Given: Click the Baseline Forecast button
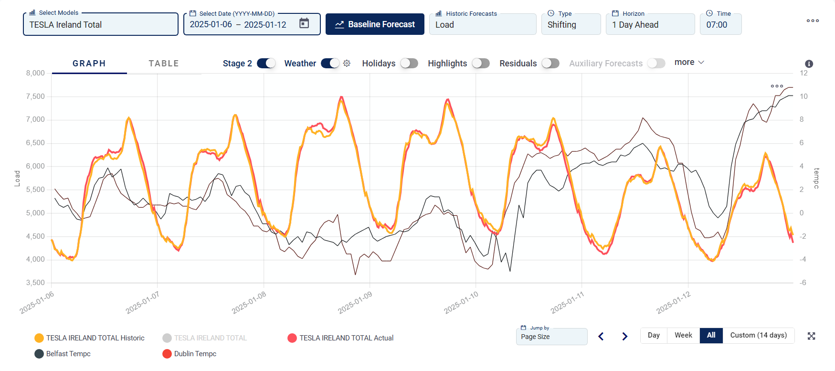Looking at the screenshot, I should (375, 24).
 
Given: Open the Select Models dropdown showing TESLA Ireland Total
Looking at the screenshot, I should (100, 25).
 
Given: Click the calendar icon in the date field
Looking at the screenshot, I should (304, 23).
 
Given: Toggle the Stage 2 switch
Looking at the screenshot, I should (266, 64).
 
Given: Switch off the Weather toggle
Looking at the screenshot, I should (330, 64).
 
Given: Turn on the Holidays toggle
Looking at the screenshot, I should (409, 64).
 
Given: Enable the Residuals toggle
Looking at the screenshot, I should (550, 64).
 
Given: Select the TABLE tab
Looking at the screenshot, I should (164, 64).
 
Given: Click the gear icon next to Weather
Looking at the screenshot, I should (347, 64).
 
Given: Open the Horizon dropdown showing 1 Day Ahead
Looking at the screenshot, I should (650, 25).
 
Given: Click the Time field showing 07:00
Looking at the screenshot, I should (720, 25).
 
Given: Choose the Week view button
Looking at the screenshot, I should (683, 335).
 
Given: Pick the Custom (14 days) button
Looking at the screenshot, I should (758, 335).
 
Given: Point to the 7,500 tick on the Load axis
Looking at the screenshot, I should (35, 96).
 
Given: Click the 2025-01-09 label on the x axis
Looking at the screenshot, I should (355, 303).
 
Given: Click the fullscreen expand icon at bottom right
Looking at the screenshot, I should (811, 336).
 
